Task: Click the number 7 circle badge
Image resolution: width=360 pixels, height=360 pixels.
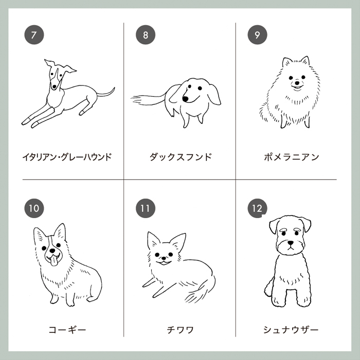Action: click(x=34, y=35)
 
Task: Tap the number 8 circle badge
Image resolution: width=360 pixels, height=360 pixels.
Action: click(x=146, y=35)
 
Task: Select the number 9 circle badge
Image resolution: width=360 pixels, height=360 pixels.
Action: click(x=257, y=35)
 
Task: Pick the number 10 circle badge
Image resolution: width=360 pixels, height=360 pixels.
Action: click(x=34, y=208)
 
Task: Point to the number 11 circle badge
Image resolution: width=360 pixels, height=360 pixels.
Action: click(x=146, y=208)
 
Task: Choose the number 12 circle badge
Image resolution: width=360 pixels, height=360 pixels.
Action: click(x=257, y=208)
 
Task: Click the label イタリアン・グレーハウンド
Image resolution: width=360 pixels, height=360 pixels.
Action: click(x=67, y=157)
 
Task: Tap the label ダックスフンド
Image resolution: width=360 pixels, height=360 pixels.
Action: click(x=181, y=157)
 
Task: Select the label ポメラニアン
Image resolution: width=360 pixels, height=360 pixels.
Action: click(x=292, y=157)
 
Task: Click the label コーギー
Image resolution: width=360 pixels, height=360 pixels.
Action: click(x=67, y=330)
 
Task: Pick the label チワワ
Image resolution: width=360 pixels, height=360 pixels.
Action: click(x=181, y=330)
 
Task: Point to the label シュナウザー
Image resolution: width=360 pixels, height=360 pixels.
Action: click(x=291, y=330)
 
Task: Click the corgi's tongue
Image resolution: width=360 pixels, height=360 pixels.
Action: click(x=53, y=261)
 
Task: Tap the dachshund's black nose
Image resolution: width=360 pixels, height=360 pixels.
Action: click(x=185, y=99)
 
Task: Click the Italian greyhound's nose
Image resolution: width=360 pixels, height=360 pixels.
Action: click(x=54, y=87)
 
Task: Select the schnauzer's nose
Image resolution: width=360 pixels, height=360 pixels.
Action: click(x=291, y=243)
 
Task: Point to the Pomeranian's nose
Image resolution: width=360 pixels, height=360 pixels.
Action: click(x=297, y=82)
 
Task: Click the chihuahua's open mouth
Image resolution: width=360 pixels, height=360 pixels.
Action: click(x=164, y=263)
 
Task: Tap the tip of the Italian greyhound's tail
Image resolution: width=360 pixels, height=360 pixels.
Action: click(x=114, y=88)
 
